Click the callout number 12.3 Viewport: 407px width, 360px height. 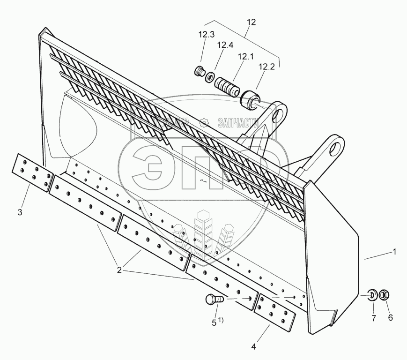(x=206, y=35)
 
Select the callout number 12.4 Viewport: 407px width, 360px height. (x=225, y=45)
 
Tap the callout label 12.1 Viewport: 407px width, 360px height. (x=245, y=56)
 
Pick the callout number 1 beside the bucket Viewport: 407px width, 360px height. (x=394, y=251)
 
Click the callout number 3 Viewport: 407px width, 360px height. (x=20, y=212)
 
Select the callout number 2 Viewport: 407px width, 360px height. (x=119, y=270)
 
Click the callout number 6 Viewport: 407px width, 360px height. (x=391, y=317)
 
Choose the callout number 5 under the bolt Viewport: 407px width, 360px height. (x=214, y=322)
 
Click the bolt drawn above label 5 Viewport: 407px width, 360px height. (x=213, y=299)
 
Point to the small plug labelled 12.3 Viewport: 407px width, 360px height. (x=200, y=72)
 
